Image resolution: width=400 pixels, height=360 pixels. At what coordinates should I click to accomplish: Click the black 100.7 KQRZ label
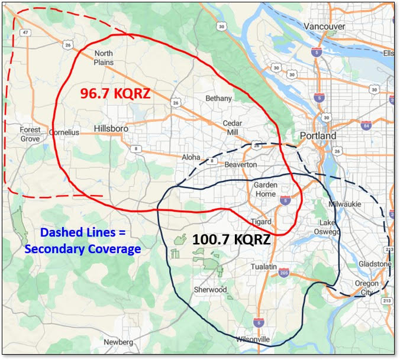click(x=231, y=240)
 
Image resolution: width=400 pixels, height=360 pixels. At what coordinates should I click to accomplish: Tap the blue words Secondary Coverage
click(x=83, y=249)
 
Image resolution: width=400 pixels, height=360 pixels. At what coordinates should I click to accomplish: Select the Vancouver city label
click(x=324, y=27)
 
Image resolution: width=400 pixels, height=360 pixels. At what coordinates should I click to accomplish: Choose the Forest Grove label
click(x=30, y=134)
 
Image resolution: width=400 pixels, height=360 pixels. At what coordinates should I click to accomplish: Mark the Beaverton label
click(x=241, y=164)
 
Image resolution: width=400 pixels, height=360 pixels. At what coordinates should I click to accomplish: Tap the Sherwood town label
click(x=210, y=290)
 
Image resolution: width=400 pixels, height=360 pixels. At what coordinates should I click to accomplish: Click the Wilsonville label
click(x=253, y=339)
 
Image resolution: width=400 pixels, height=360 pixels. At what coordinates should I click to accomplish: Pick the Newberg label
click(x=118, y=342)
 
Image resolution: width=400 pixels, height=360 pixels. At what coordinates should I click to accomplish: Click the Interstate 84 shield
click(x=366, y=125)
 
